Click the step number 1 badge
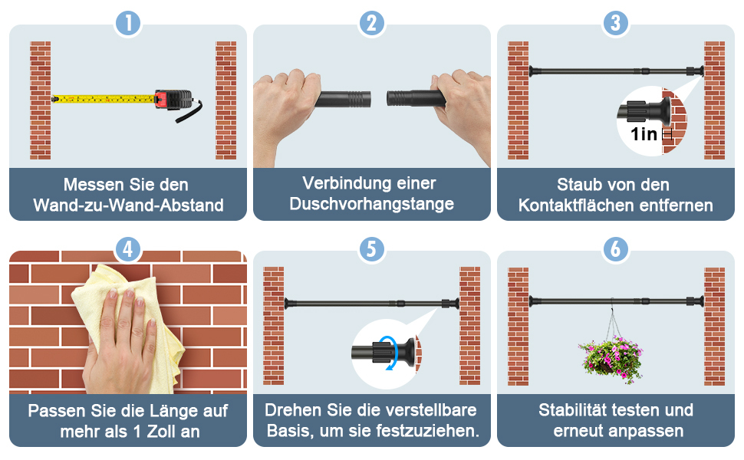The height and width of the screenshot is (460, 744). (x=128, y=23)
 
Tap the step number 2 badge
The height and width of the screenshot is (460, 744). (x=372, y=23)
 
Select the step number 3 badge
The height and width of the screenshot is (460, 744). (x=616, y=23)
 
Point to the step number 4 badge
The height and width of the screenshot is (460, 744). (x=128, y=249)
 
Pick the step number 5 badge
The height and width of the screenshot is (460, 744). (x=372, y=249)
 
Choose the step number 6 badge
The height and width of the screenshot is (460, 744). (x=616, y=249)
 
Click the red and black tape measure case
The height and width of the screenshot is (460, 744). (x=173, y=100)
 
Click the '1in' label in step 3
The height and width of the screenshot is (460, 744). (x=644, y=134)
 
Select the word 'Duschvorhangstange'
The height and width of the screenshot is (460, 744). (x=372, y=204)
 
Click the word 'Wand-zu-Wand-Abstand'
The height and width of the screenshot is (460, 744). (x=128, y=205)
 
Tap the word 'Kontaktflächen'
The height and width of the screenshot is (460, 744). (x=576, y=205)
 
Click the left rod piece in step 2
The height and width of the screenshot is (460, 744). (x=343, y=99)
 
